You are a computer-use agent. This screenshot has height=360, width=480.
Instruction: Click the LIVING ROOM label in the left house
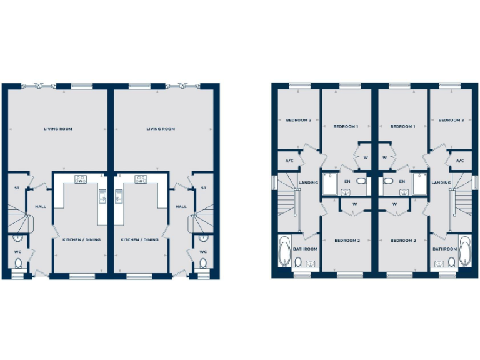coord(58,129)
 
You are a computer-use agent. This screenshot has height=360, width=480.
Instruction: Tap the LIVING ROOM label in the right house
coord(161,129)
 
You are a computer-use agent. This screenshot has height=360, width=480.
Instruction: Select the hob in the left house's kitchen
coord(81,179)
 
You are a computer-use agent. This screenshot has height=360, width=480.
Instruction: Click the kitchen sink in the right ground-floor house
coord(119,197)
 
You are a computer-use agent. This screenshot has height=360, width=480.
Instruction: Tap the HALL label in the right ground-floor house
coord(181,207)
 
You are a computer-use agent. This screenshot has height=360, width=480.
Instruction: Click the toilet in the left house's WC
coord(18,263)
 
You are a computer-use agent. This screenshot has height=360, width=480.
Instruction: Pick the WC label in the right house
coord(203,252)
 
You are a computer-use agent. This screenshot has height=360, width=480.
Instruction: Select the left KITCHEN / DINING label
coord(81,239)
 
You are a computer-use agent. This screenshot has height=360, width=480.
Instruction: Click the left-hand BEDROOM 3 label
coord(299,120)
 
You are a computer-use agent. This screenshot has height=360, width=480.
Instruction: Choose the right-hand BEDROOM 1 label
coord(402,126)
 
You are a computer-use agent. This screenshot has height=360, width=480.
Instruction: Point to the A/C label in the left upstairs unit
coord(290,161)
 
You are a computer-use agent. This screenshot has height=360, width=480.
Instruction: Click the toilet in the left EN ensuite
coord(361,181)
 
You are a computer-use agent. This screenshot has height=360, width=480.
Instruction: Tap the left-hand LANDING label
coord(309,182)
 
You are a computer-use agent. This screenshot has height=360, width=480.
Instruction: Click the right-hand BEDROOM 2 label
coord(403,241)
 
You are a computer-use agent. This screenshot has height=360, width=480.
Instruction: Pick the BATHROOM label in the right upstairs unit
coord(444,249)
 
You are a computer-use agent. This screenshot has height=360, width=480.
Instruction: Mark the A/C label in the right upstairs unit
coord(460,161)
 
